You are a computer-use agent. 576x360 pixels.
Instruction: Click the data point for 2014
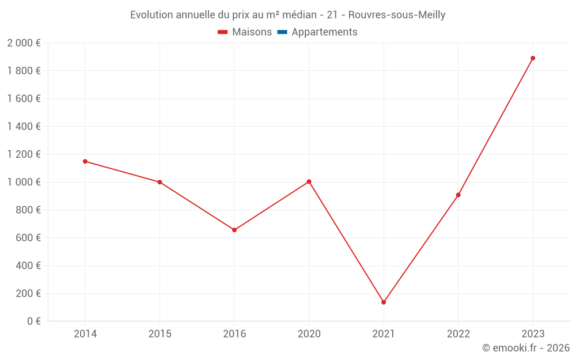[x=85, y=161]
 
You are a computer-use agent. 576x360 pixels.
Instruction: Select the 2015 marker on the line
[x=160, y=182]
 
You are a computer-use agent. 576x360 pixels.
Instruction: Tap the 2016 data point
[x=234, y=230]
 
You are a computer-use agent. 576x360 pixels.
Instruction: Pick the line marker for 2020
[x=309, y=181]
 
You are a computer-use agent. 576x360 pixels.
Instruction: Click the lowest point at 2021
[x=384, y=302]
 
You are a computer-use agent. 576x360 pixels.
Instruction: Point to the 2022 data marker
[x=458, y=195]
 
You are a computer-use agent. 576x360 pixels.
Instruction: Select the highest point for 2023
[x=533, y=58]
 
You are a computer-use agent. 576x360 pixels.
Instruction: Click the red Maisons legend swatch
[x=223, y=32]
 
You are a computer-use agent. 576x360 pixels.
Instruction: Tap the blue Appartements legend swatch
[x=282, y=32]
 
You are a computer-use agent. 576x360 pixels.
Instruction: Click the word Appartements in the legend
[x=324, y=32]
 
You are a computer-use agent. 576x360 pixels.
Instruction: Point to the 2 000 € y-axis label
[x=24, y=43]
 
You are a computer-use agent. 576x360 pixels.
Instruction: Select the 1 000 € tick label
[x=24, y=182]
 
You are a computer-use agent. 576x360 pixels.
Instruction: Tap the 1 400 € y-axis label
[x=24, y=127]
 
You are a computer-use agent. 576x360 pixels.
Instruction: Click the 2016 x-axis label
[x=234, y=334]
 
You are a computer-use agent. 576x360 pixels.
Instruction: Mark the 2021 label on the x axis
[x=384, y=334]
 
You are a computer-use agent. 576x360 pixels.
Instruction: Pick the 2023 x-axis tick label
[x=533, y=334]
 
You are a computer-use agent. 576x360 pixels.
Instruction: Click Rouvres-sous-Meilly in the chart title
[x=397, y=15]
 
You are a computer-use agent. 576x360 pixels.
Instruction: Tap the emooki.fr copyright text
[x=526, y=348]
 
